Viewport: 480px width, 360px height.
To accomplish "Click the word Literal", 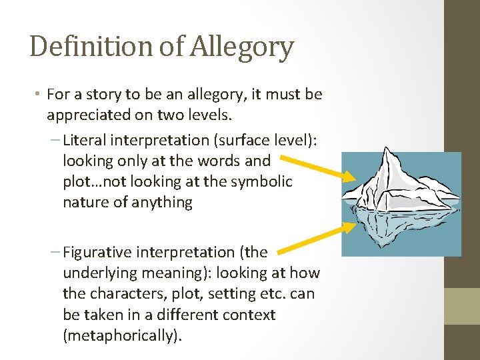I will coord(83,140).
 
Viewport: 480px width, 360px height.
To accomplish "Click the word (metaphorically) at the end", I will coord(122,335).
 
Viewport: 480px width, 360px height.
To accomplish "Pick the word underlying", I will coord(95,273).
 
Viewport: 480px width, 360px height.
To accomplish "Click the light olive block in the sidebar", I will coord(462,306).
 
